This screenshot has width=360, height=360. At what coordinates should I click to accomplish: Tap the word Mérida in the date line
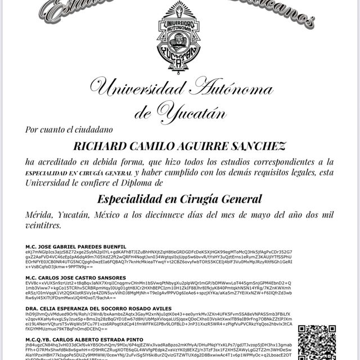(41, 215)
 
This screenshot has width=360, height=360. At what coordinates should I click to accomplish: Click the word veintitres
(43, 225)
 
